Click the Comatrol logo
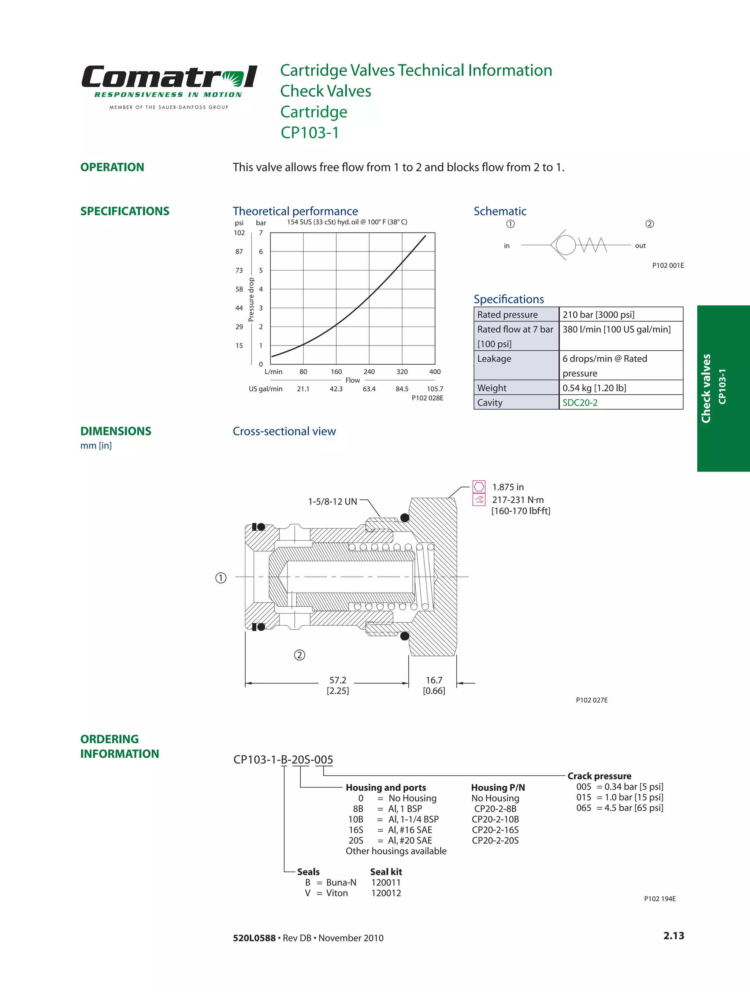[x=169, y=77]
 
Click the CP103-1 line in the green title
[x=309, y=133]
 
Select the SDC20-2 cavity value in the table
[x=580, y=403]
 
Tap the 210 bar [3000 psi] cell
[x=598, y=315]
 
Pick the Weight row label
[x=491, y=388]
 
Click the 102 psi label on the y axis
[x=239, y=233]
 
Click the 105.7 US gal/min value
[x=434, y=389]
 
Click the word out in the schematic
[x=640, y=246]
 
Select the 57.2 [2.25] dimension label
[x=337, y=685]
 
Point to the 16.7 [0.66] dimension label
[x=434, y=685]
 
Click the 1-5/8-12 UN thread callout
[x=333, y=502]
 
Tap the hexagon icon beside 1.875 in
[x=479, y=486]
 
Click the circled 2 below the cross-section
[x=299, y=655]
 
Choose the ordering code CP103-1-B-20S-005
[x=283, y=760]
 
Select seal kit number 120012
[x=386, y=893]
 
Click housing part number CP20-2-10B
[x=495, y=819]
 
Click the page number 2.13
[x=673, y=936]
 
